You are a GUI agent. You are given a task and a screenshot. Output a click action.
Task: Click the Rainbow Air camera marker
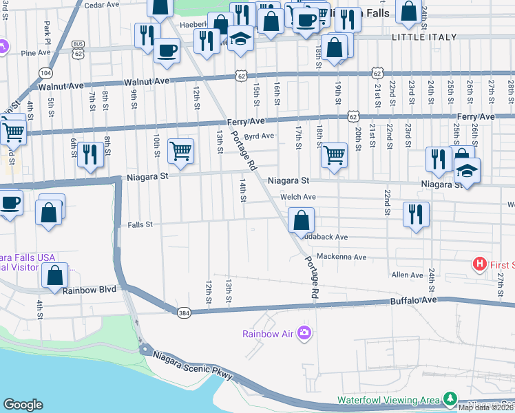(x=304, y=334)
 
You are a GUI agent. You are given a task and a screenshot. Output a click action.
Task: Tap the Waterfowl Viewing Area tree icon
(x=450, y=399)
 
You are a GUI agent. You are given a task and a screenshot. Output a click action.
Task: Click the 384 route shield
(x=183, y=312)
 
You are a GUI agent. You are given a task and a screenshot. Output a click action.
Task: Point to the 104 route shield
(x=46, y=72)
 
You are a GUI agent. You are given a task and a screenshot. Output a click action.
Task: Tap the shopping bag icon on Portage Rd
(x=301, y=220)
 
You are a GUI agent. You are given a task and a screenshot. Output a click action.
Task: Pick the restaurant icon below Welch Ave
(x=415, y=213)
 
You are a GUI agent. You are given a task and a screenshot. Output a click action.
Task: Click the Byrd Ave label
(x=260, y=136)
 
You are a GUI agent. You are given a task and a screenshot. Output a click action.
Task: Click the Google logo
(x=23, y=405)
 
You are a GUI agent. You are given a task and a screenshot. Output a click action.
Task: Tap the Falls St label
(x=140, y=224)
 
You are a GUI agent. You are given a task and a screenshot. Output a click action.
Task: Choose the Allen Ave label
(x=407, y=275)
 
